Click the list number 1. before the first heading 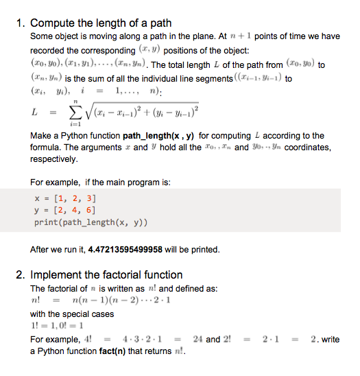[x=21, y=24]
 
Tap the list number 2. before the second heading [x=21, y=275]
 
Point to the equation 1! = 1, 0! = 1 [x=58, y=327]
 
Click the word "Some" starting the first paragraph [x=43, y=36]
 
